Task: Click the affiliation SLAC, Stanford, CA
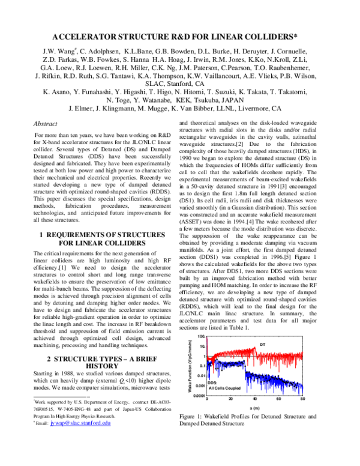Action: coord(180,84)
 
